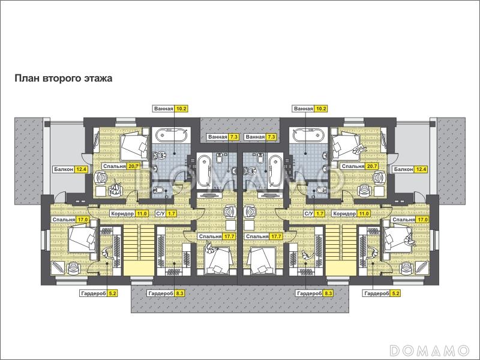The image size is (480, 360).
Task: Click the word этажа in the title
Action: coord(98,79)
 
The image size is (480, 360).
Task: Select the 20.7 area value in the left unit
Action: coord(134,166)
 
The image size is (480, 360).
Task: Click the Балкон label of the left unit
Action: coord(64,169)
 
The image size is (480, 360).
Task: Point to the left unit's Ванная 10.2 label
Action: coord(170,109)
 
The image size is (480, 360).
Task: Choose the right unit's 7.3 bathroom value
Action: coord(271,137)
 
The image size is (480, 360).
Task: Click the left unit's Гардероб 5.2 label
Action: coord(99,293)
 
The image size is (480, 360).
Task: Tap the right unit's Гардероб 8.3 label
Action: coord(314,293)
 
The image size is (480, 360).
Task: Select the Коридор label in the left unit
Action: coord(122,214)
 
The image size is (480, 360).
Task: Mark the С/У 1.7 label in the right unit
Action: coord(314,214)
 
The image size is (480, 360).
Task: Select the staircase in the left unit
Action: coord(139,250)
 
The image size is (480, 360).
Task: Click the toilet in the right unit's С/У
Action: coord(320,191)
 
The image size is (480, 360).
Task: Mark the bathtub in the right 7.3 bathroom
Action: coord(275,172)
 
